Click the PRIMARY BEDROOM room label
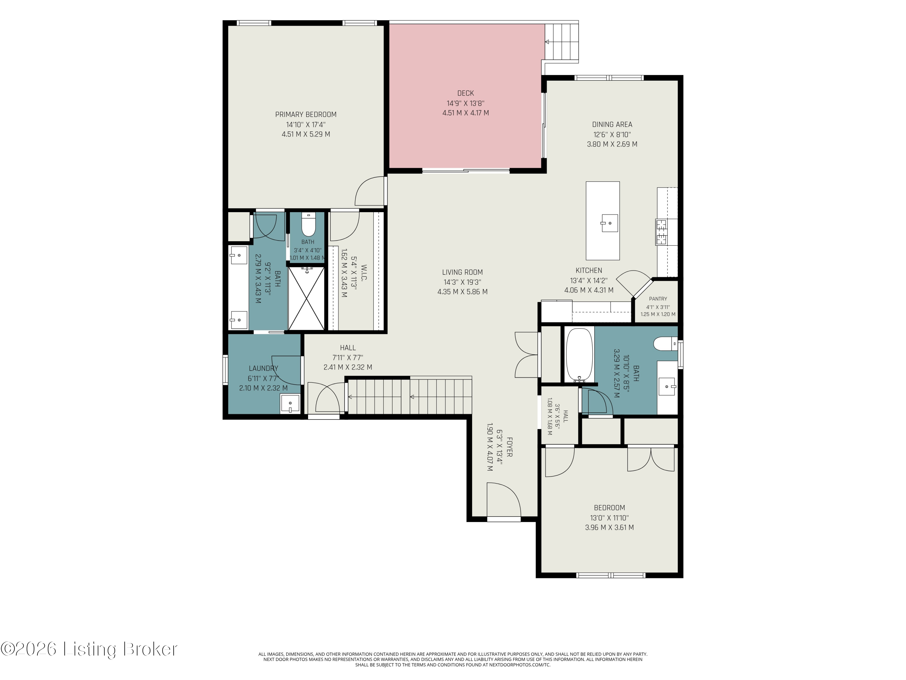(306, 114)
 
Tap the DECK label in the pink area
(465, 93)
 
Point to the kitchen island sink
(609, 223)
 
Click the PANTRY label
(658, 299)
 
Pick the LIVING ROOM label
(462, 272)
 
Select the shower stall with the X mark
(306, 298)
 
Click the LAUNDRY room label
(263, 368)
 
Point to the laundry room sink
(290, 404)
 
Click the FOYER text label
(509, 447)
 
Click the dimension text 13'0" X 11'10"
(609, 518)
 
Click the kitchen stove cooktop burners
(661, 232)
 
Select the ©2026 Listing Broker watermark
(89, 649)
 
